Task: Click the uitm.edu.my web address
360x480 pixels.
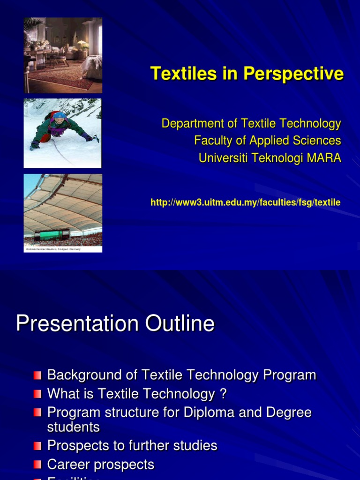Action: point(245,202)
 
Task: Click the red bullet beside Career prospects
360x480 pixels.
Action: point(37,465)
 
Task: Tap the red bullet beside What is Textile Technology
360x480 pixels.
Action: point(37,394)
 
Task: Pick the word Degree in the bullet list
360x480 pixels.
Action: point(289,412)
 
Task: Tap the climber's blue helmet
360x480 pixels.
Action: point(59,115)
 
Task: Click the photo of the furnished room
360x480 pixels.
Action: point(63,55)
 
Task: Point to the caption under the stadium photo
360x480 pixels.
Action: point(53,249)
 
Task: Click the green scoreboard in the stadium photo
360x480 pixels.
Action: point(52,234)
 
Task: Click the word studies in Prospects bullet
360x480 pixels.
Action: point(195,445)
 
